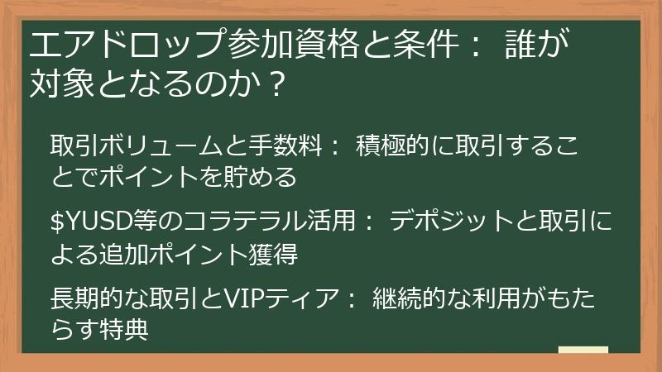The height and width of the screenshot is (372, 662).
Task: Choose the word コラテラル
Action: pos(221,222)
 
